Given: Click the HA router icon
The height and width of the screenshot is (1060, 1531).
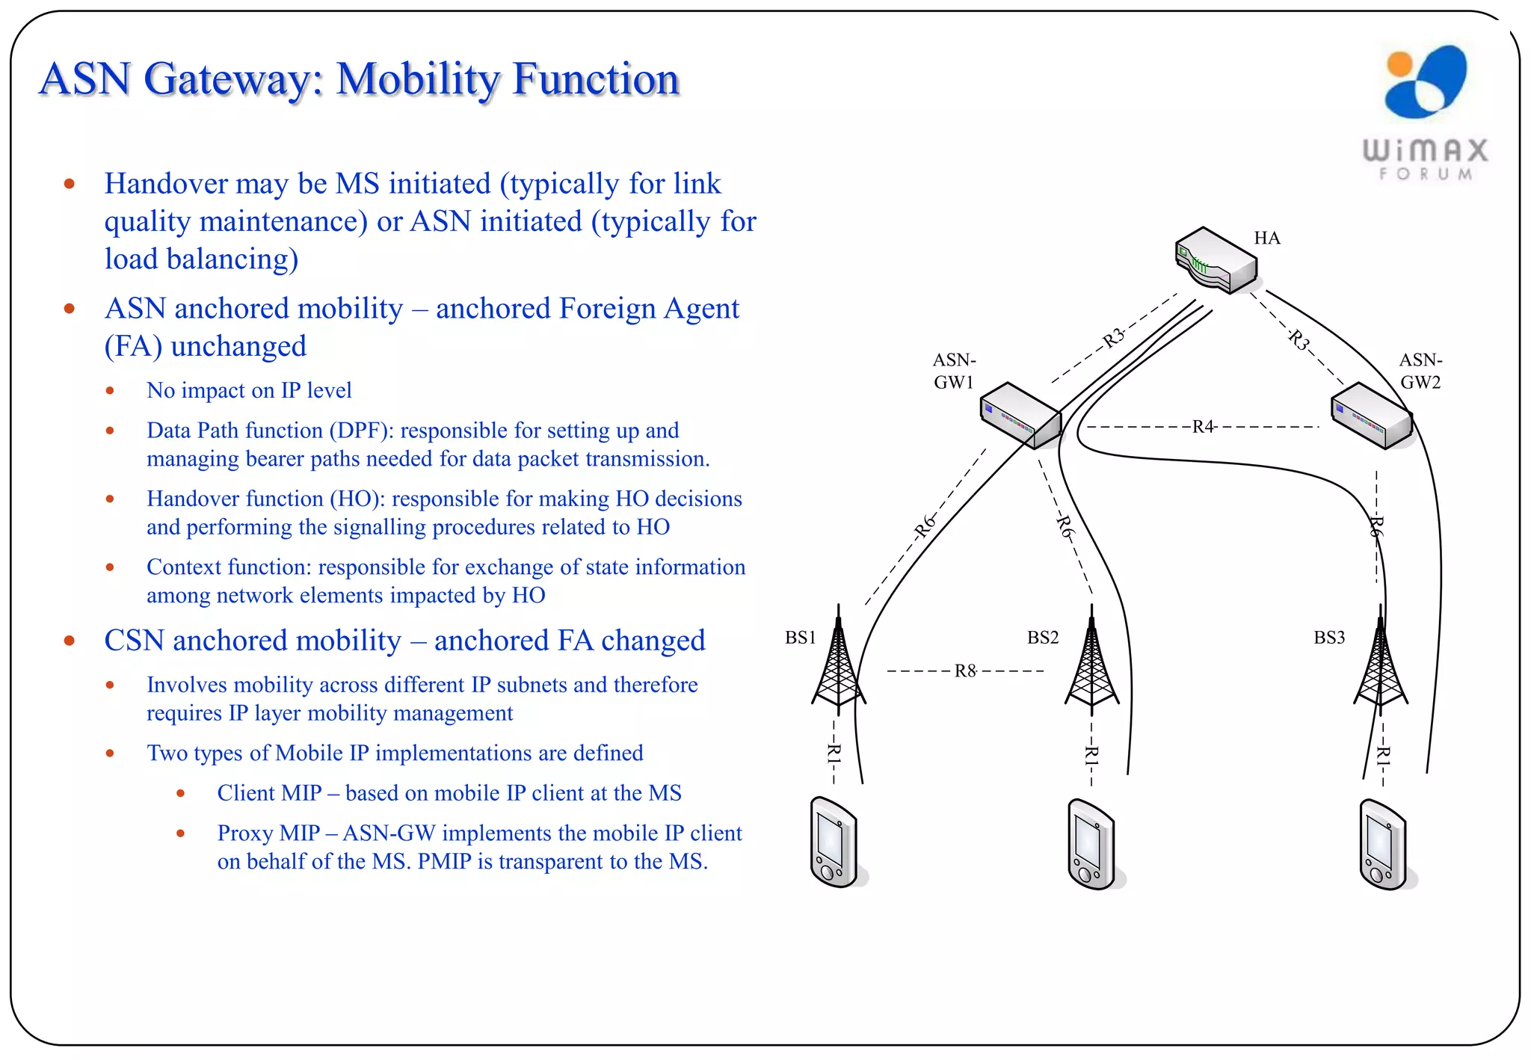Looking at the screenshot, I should [x=1216, y=260].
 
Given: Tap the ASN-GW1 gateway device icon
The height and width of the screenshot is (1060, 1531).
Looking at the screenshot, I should [x=1021, y=416].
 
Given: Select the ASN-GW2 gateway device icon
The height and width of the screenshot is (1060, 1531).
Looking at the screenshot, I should [x=1372, y=416].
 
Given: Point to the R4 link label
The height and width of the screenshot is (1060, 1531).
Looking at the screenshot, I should [x=1203, y=427].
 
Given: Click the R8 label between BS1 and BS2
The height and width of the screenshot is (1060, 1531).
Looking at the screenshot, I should [x=965, y=671].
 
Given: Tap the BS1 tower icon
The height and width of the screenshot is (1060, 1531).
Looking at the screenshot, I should [x=839, y=662].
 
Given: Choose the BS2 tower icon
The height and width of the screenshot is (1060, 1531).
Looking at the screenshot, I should [x=1091, y=662].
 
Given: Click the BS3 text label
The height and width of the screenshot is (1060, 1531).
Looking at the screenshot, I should [x=1329, y=638].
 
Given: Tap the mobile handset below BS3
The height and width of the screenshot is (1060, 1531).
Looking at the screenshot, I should [x=1384, y=845].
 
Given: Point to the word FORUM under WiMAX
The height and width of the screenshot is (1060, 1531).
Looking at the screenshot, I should [x=1426, y=174].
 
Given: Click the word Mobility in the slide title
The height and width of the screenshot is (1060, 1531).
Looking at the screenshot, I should [x=417, y=79].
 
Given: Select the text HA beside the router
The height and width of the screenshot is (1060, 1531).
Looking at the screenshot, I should [x=1267, y=238].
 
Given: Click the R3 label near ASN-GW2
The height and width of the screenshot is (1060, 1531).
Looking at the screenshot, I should [x=1299, y=340].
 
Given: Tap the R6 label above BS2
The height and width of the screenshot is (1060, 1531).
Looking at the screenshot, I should [x=1065, y=526].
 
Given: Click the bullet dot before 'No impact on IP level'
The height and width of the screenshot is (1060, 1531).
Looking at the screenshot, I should [x=110, y=390].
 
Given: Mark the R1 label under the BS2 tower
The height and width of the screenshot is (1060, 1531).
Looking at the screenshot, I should [x=1091, y=755].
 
